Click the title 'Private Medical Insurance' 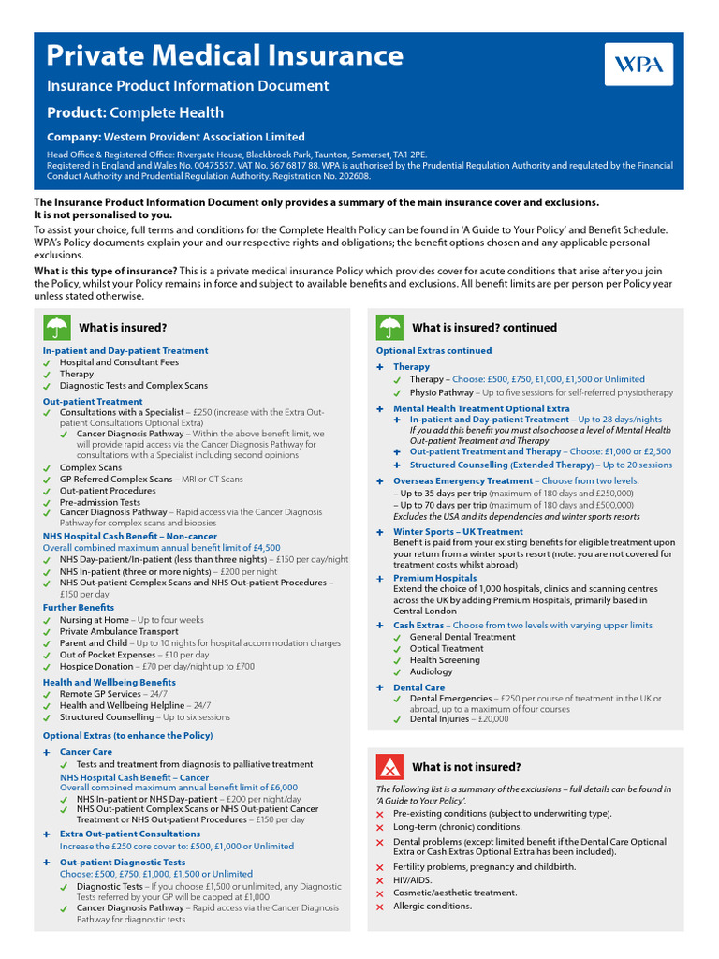coord(226,55)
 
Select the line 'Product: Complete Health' coord(136,112)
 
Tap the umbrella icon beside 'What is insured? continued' coord(389,328)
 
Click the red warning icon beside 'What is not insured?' coord(389,766)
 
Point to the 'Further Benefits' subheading coord(79,608)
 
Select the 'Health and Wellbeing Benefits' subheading coord(109,682)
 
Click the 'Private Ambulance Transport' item coord(119,631)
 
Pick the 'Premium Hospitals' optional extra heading coord(434,579)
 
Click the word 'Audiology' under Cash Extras coord(431,671)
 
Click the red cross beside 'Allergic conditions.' coord(379,907)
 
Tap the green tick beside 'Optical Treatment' coord(397,649)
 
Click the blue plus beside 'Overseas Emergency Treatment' coord(379,481)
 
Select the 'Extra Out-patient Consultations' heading coord(130,834)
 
